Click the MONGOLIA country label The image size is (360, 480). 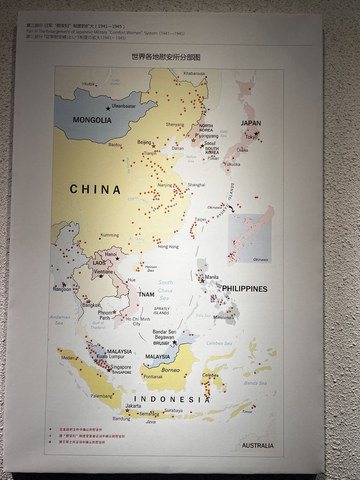(92, 120)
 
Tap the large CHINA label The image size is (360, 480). (96, 190)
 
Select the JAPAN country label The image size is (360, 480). (251, 123)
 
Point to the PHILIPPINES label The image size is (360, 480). (245, 289)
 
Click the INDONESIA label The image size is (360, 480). (172, 399)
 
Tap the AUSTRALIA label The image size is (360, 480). (258, 446)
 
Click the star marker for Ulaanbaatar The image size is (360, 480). (108, 108)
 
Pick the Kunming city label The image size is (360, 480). (110, 235)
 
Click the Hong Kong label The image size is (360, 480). (168, 247)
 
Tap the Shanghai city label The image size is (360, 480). (196, 184)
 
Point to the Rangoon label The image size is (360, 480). (62, 289)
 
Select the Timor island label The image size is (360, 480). (247, 412)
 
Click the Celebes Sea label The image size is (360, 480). (219, 343)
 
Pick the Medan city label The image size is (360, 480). (68, 358)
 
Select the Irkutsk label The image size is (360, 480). (88, 84)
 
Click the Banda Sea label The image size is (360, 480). (255, 383)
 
